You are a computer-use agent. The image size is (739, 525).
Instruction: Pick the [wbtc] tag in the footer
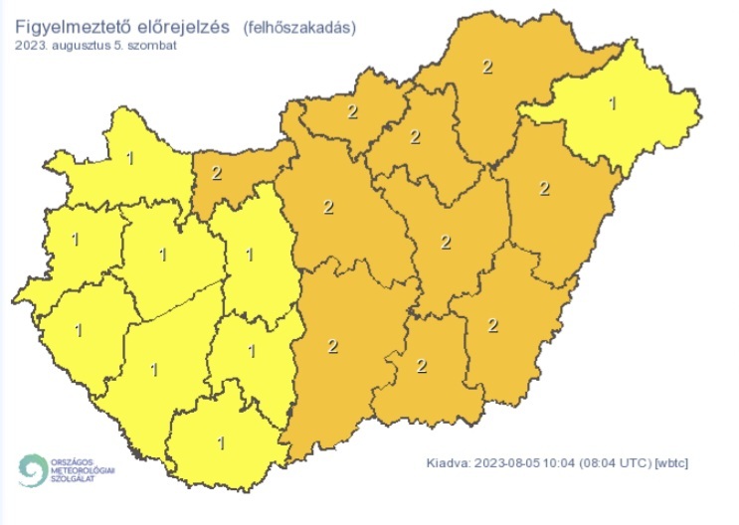click(x=672, y=463)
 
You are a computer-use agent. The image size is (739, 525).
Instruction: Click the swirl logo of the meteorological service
click(x=32, y=468)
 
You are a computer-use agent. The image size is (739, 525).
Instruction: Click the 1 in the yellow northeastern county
click(x=612, y=101)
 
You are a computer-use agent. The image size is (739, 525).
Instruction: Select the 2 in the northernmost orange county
click(x=487, y=67)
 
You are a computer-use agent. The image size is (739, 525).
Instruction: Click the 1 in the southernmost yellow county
click(x=221, y=441)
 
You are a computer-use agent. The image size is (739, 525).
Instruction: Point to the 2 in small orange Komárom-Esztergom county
click(x=217, y=173)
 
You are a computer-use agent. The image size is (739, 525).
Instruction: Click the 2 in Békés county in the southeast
click(x=493, y=324)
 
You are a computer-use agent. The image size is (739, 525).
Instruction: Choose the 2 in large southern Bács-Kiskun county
click(x=332, y=346)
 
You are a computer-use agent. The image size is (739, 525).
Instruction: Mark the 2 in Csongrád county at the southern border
click(x=422, y=365)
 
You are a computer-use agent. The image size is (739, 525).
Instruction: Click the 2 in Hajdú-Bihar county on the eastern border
click(x=543, y=189)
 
